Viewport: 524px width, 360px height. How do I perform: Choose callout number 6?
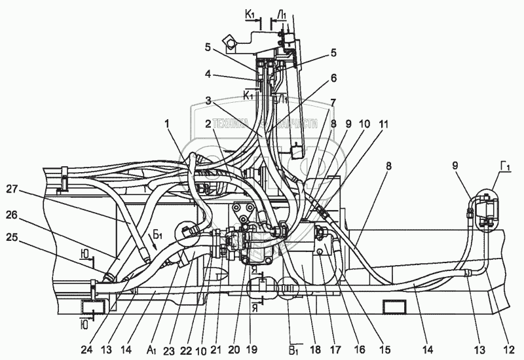(333, 77)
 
